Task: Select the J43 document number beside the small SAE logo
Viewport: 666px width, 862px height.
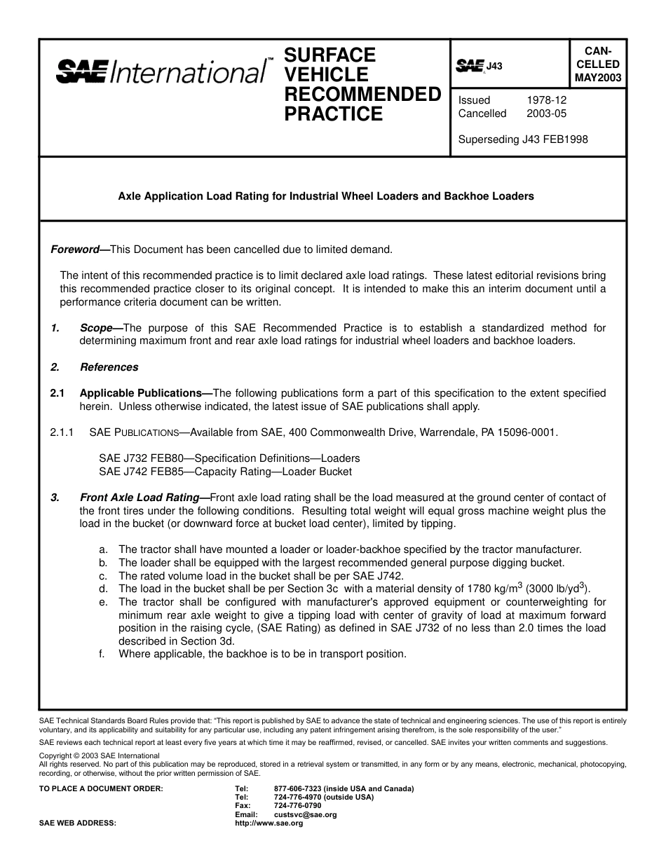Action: click(x=495, y=66)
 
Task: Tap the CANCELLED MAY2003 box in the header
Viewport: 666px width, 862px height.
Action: click(x=598, y=64)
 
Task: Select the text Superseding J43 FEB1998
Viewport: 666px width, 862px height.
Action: click(x=522, y=139)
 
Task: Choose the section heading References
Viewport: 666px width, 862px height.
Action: click(x=109, y=367)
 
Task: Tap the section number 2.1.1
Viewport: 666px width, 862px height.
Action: click(x=62, y=432)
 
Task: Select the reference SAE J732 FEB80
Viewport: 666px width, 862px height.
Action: click(x=141, y=458)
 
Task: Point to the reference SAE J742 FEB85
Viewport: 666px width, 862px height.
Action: click(x=141, y=472)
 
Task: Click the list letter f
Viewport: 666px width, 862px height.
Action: click(x=102, y=654)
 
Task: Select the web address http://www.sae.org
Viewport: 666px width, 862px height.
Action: click(x=269, y=823)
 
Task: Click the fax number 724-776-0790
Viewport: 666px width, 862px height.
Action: click(x=297, y=806)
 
